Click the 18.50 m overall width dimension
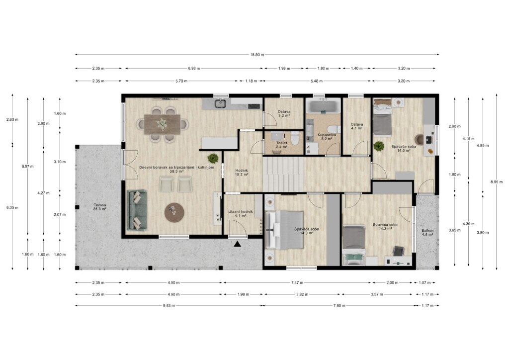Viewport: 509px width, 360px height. pyautogui.click(x=257, y=55)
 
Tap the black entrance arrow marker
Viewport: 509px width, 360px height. pyautogui.click(x=238, y=244)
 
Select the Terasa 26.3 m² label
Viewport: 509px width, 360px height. pyautogui.click(x=100, y=207)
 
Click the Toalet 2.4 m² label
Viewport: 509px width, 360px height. pyautogui.click(x=281, y=145)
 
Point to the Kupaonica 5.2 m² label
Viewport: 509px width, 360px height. pyautogui.click(x=327, y=137)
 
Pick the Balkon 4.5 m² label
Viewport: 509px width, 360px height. pyautogui.click(x=427, y=232)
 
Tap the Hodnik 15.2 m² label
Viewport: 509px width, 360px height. pyautogui.click(x=242, y=172)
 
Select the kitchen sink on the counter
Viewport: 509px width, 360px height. pyautogui.click(x=220, y=104)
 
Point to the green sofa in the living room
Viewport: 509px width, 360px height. pyautogui.click(x=137, y=210)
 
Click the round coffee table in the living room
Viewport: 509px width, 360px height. pyautogui.click(x=174, y=213)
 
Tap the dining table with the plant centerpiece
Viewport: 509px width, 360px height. pyautogui.click(x=162, y=124)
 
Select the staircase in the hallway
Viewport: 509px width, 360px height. pyautogui.click(x=283, y=174)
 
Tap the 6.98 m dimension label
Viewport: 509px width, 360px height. pyautogui.click(x=194, y=69)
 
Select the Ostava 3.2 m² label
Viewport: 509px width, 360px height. pyautogui.click(x=284, y=113)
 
